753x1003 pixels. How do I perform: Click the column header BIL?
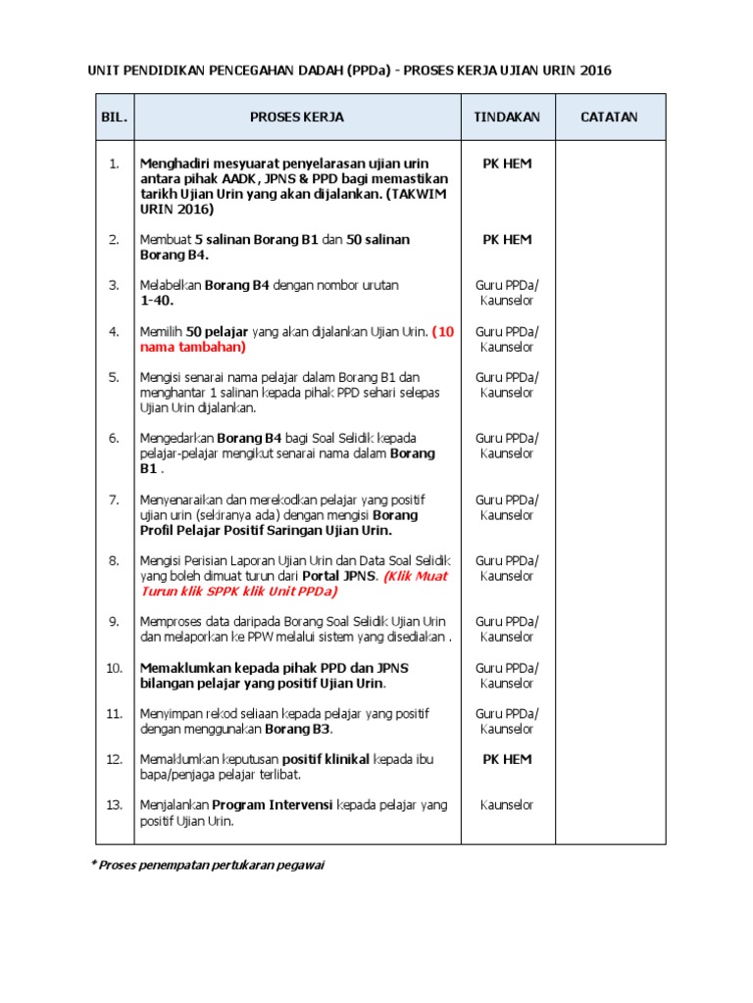[x=115, y=117]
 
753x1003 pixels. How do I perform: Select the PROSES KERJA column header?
[x=297, y=117]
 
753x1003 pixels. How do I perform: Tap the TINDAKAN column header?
[x=507, y=117]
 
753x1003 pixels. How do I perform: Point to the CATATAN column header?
[x=609, y=117]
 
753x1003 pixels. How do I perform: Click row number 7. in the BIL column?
[x=115, y=500]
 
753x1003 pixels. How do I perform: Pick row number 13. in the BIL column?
[x=115, y=804]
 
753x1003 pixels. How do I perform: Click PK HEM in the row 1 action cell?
[x=507, y=164]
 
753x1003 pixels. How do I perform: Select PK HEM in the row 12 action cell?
[x=507, y=759]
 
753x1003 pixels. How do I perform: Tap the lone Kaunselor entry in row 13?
[x=507, y=804]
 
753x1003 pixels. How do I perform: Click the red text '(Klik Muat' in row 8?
[x=416, y=576]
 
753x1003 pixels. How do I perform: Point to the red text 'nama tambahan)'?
[x=193, y=347]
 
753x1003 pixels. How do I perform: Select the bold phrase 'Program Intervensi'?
[x=274, y=804]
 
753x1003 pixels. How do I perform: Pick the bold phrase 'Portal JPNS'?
[x=338, y=576]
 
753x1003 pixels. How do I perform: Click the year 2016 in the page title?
[x=601, y=71]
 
